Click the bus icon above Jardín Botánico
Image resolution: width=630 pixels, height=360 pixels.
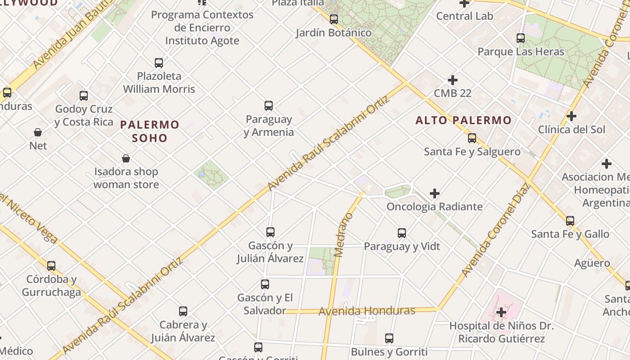(334, 19)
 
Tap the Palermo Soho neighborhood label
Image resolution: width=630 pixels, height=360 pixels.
(150, 131)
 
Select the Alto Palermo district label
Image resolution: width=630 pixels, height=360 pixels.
(463, 120)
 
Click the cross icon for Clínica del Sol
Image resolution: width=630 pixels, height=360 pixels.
(571, 116)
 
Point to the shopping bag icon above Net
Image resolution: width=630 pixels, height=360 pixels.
(38, 132)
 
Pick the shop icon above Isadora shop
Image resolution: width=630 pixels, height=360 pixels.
(126, 158)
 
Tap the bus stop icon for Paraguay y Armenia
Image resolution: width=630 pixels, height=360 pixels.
(269, 106)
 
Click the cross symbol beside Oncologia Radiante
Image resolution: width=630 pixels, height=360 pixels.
(435, 193)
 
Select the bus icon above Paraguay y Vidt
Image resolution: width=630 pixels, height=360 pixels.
(402, 233)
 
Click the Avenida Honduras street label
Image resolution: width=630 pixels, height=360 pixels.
(367, 311)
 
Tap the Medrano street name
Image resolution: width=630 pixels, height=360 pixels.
(344, 235)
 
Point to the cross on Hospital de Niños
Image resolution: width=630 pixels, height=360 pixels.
(501, 312)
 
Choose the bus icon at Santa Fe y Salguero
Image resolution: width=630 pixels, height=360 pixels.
(472, 138)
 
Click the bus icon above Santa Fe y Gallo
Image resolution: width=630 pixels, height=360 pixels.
(570, 220)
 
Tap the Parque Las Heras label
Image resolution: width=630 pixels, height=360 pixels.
(521, 52)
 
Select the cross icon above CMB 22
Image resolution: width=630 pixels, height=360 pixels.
(453, 80)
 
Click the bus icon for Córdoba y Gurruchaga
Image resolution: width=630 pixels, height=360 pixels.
(51, 265)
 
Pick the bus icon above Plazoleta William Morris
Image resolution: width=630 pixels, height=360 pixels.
(159, 63)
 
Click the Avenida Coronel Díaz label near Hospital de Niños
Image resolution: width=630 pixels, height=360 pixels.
(495, 229)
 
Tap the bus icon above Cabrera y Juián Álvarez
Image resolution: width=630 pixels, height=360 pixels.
(183, 311)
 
